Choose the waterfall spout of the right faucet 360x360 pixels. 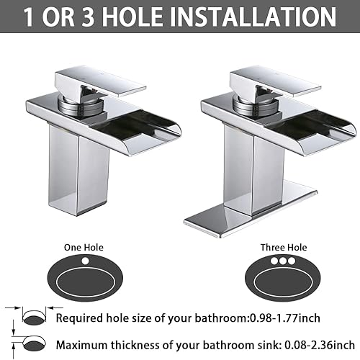coord(302,122)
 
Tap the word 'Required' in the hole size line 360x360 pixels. coord(79,318)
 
